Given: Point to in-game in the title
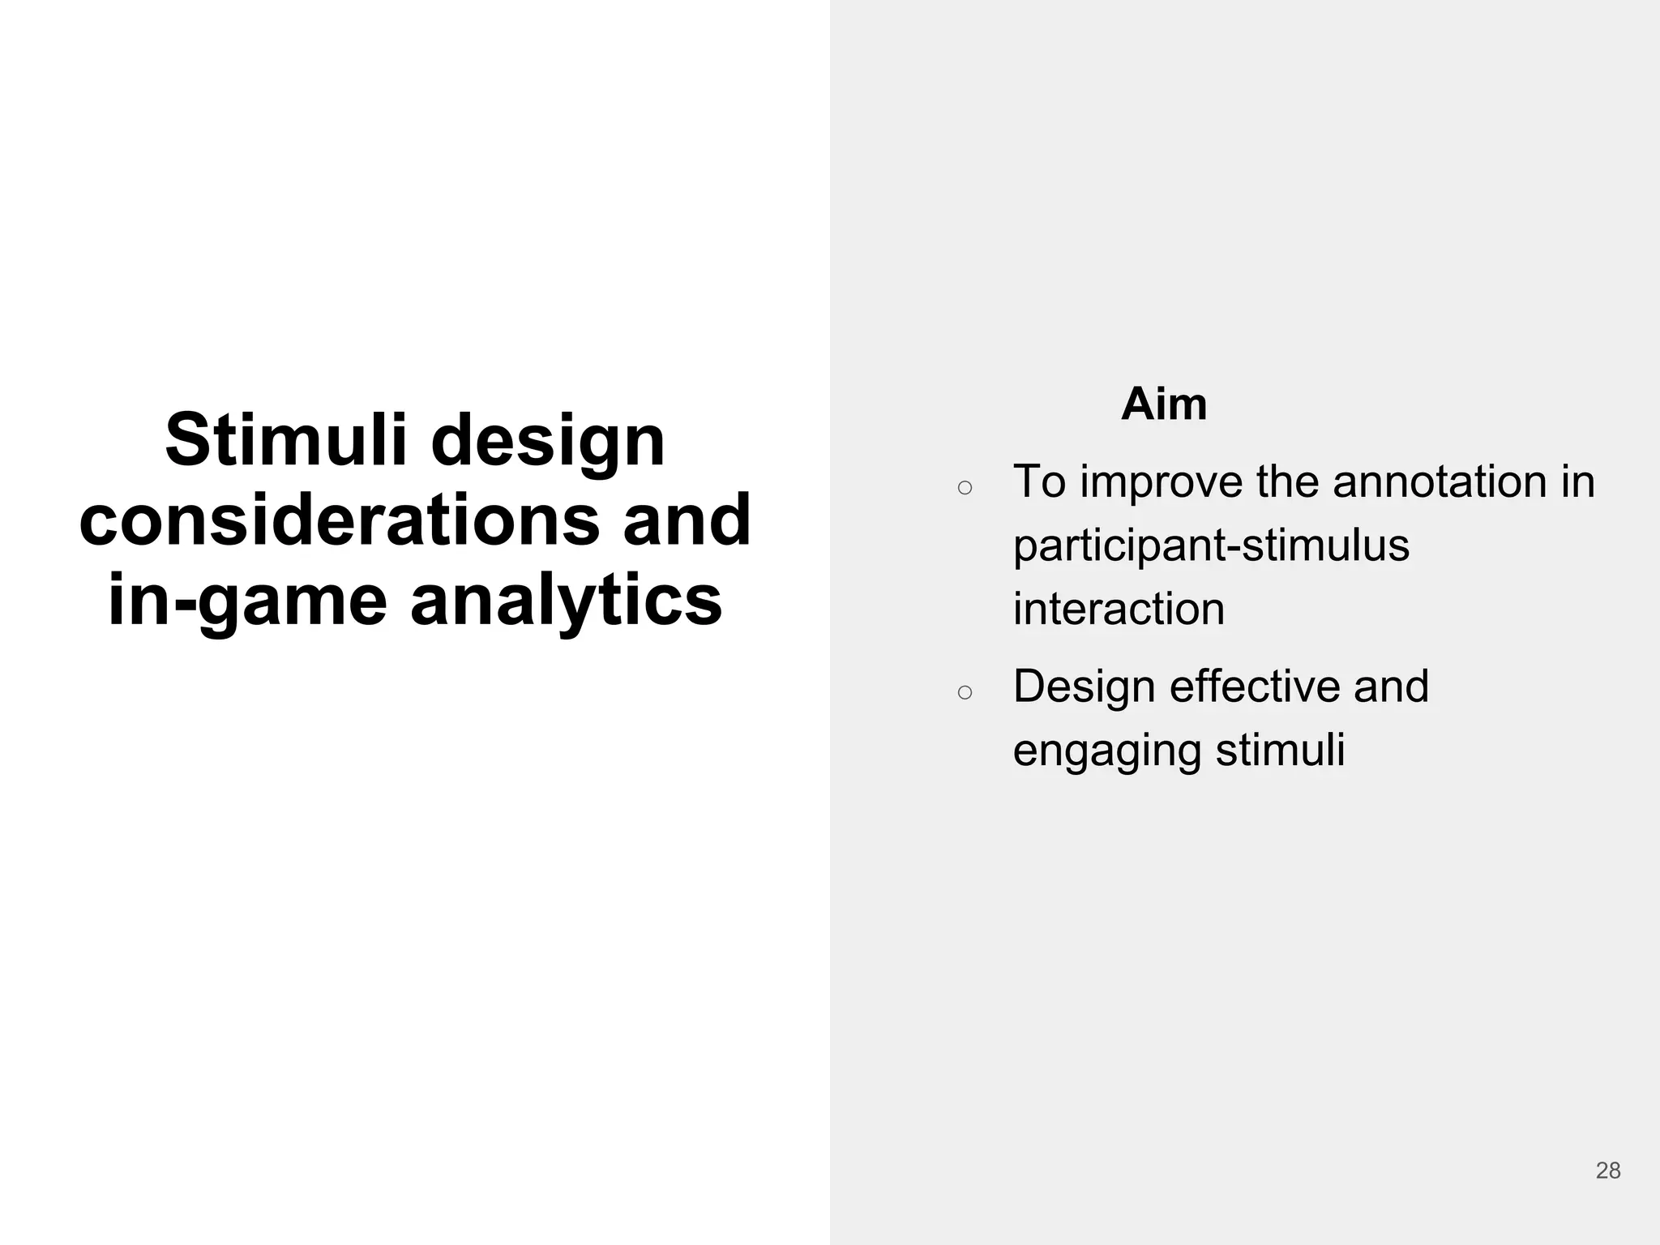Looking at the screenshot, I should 247,601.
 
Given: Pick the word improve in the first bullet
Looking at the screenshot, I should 1161,482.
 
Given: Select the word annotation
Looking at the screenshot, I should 1439,481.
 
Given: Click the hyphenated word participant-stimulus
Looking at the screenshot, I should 1211,545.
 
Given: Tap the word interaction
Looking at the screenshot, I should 1119,609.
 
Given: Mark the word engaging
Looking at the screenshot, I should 1107,751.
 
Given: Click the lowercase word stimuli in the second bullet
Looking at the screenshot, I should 1280,750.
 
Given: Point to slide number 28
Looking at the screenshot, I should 1608,1170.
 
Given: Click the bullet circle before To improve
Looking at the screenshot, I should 965,488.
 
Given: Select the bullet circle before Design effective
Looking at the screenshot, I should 965,692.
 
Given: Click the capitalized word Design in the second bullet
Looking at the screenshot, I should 1085,687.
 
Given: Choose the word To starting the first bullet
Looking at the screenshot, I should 1039,481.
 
